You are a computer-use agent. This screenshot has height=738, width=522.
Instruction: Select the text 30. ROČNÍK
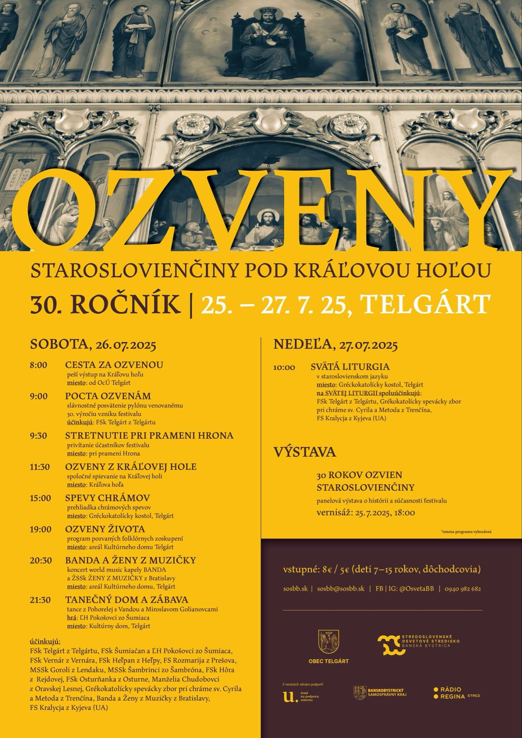105,305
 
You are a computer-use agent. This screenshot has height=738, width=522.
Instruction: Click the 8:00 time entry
38,365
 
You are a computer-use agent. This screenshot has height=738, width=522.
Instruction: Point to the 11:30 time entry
40,467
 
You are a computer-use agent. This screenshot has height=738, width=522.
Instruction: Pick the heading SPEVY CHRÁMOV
107,498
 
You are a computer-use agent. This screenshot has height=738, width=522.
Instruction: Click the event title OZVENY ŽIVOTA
105,529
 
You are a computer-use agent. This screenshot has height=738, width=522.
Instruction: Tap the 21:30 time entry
40,600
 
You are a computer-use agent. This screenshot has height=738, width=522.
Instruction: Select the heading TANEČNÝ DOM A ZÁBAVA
126,600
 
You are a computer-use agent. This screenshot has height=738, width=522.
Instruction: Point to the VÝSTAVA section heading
305,452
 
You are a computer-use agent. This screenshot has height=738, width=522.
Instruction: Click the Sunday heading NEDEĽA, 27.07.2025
335,345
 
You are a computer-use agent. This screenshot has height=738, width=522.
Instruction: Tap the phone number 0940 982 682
463,589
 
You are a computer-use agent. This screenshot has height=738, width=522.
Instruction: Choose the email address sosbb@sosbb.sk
341,589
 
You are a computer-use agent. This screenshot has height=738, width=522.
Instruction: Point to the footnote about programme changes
466,532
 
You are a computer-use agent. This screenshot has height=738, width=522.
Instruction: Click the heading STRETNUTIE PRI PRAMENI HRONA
149,436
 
